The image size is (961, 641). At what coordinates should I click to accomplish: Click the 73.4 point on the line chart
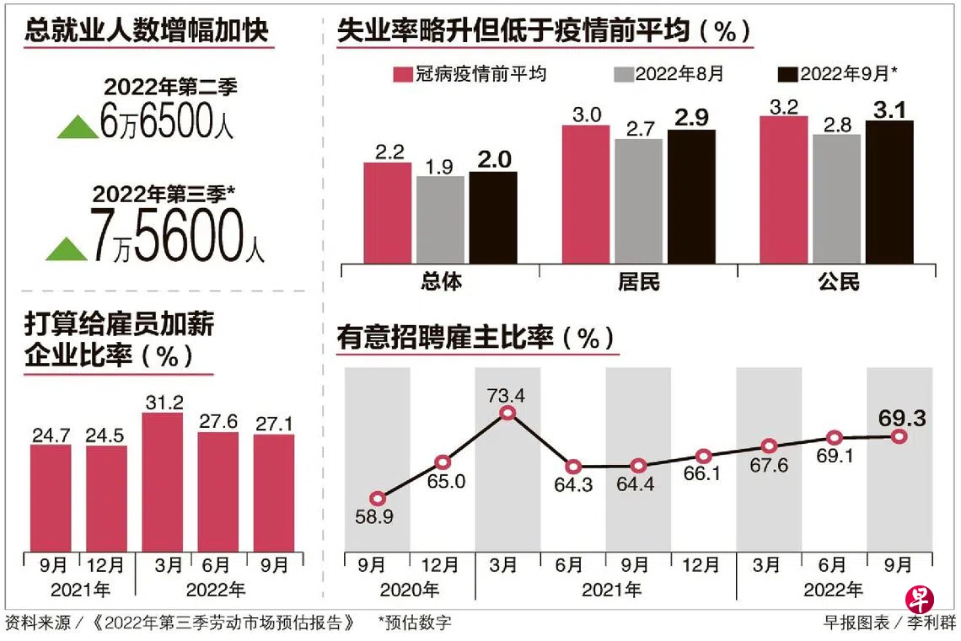[x=507, y=413]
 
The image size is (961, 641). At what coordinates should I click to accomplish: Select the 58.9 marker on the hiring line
[x=378, y=499]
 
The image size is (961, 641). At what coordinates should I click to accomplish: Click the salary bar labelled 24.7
[x=51, y=498]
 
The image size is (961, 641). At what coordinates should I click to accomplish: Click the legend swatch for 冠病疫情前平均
[x=402, y=74]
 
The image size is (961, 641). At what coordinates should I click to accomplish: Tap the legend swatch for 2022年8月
[x=622, y=74]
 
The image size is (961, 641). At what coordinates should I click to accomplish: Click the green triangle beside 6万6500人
[x=78, y=127]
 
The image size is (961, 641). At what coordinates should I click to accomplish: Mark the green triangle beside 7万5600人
[x=67, y=248]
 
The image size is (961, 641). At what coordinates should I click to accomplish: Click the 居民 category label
[x=638, y=282]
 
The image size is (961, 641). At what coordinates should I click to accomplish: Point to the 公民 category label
[x=838, y=282]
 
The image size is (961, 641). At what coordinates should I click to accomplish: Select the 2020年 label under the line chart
[x=410, y=589]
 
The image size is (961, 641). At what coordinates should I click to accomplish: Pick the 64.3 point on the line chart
[x=573, y=467]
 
